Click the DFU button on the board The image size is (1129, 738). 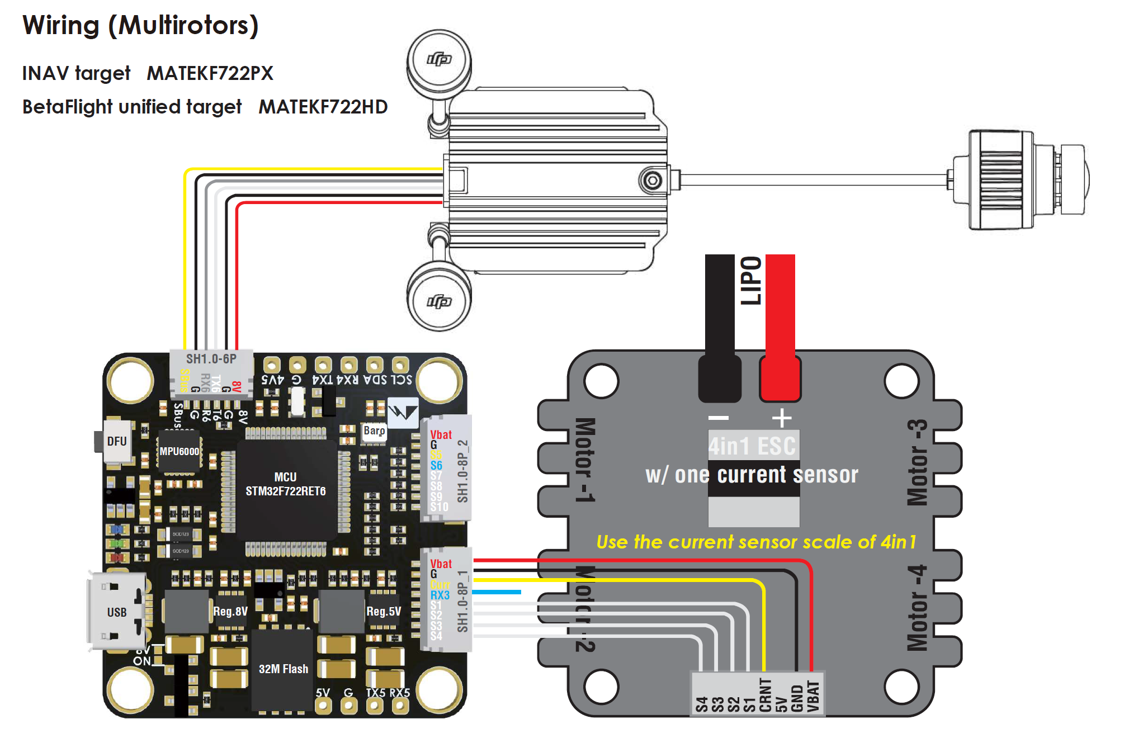point(116,441)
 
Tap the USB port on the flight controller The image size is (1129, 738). point(116,612)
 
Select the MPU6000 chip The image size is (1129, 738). point(179,451)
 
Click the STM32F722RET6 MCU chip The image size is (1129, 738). point(285,484)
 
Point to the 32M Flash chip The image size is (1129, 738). point(283,669)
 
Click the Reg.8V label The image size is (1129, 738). point(230,611)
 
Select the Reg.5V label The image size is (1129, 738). point(384,611)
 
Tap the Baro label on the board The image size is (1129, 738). point(374,430)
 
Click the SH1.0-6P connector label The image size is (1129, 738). point(211,359)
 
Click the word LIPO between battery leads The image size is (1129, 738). point(750,281)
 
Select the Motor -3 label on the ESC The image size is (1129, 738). point(918,462)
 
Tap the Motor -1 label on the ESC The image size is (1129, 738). point(585,460)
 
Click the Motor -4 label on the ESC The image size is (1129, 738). point(918,608)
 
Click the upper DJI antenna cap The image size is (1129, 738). point(439,59)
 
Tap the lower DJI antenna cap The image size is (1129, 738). point(439,301)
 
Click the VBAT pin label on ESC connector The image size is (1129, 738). point(814,696)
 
